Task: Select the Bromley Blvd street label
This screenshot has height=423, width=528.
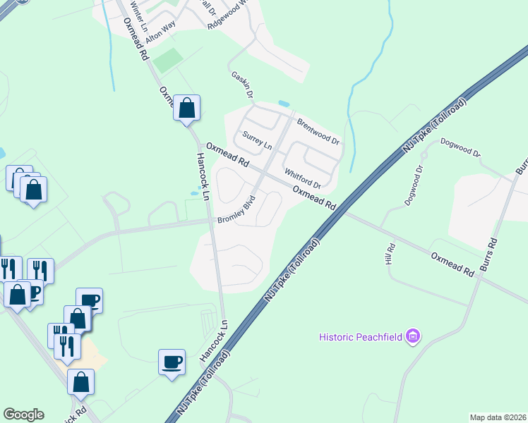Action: pos(235,214)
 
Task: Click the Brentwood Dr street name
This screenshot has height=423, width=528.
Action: pos(318,130)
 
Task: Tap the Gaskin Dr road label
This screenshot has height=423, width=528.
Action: pos(242,84)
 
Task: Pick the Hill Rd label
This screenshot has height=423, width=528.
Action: pos(390,255)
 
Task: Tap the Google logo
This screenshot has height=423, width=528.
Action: pos(23,415)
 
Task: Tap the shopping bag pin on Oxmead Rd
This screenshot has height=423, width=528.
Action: pos(187,109)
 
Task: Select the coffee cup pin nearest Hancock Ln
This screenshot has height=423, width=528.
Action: pos(172,362)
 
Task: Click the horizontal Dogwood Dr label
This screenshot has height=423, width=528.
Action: pos(460,147)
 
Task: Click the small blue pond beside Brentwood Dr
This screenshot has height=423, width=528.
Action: pos(284,104)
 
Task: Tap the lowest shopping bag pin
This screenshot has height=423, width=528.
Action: pos(80,382)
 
